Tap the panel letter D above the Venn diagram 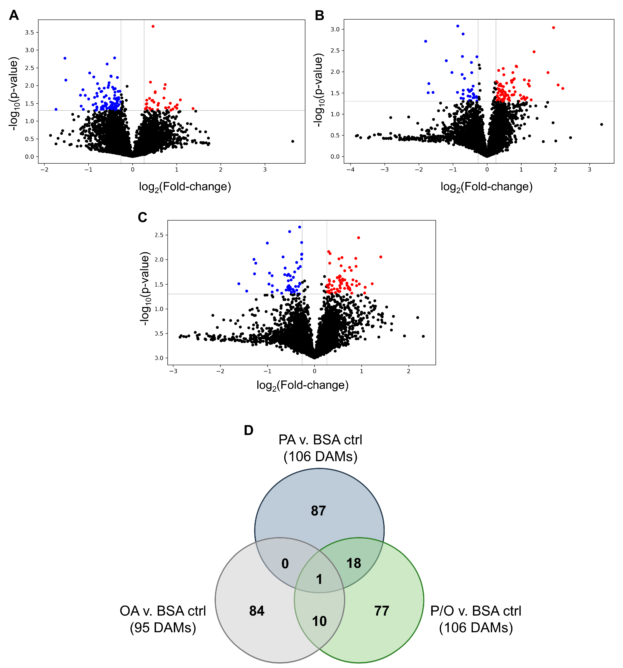point(249,430)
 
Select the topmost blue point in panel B point(457,26)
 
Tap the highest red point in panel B point(553,28)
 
